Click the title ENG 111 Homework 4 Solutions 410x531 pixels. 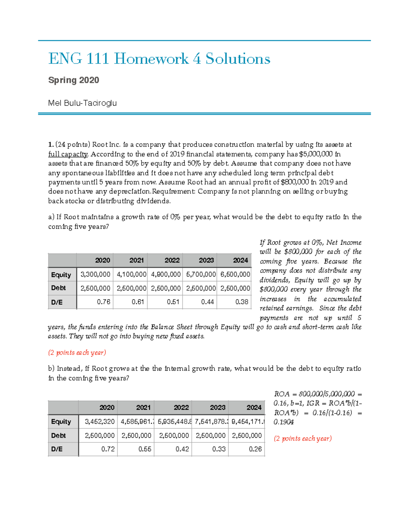click(x=159, y=59)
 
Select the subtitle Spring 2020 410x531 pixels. click(x=73, y=80)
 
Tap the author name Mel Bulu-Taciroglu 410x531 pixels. click(x=82, y=103)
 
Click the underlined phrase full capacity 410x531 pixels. click(x=68, y=154)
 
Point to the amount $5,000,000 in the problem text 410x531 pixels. click(x=315, y=154)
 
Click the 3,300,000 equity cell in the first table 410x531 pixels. click(x=95, y=274)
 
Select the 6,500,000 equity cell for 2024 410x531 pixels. click(x=235, y=274)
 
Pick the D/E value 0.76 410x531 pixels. click(x=104, y=302)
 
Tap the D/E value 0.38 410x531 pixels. click(x=242, y=302)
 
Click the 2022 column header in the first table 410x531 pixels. click(x=172, y=260)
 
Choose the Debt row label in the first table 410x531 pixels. click(x=58, y=288)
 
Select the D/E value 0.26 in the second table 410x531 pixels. click(x=255, y=449)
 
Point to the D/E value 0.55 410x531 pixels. click(x=145, y=449)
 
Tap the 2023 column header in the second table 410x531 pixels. click(x=217, y=408)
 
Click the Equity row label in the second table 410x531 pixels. click(x=61, y=422)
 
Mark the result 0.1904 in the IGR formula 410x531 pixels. click(x=284, y=422)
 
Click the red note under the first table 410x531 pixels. click(x=77, y=353)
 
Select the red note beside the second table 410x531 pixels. click(x=303, y=438)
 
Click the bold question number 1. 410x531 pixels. click(x=51, y=145)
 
